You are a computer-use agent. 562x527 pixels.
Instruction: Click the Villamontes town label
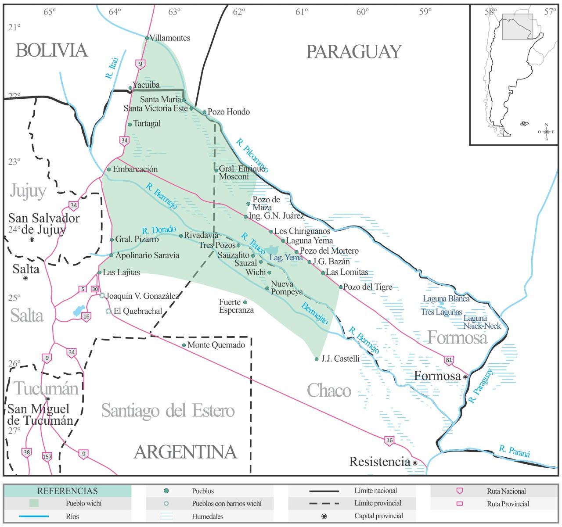click(x=170, y=38)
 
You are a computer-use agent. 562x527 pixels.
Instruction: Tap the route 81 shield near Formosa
click(x=448, y=360)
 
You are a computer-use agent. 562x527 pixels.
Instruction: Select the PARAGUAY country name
click(x=353, y=52)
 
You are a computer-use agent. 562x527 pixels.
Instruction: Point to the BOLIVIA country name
click(x=52, y=50)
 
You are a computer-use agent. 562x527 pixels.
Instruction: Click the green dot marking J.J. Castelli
click(x=317, y=359)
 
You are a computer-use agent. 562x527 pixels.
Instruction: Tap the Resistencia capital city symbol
click(x=415, y=463)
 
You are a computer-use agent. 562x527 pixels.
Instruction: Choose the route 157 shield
click(x=47, y=456)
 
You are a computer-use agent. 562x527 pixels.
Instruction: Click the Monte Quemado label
click(x=216, y=345)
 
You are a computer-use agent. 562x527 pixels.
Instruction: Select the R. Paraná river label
click(x=514, y=451)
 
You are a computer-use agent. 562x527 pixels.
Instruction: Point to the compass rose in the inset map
click(x=546, y=132)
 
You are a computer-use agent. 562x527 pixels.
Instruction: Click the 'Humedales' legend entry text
click(x=207, y=516)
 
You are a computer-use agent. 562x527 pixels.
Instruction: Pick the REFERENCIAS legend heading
click(x=67, y=491)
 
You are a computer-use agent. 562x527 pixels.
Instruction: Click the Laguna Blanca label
click(x=446, y=299)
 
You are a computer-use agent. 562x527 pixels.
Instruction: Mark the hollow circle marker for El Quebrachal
click(x=108, y=311)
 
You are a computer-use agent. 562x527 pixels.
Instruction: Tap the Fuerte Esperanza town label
click(x=236, y=306)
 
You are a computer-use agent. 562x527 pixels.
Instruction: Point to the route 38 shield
click(x=26, y=452)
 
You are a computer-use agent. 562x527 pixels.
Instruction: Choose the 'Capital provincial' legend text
click(x=378, y=516)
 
